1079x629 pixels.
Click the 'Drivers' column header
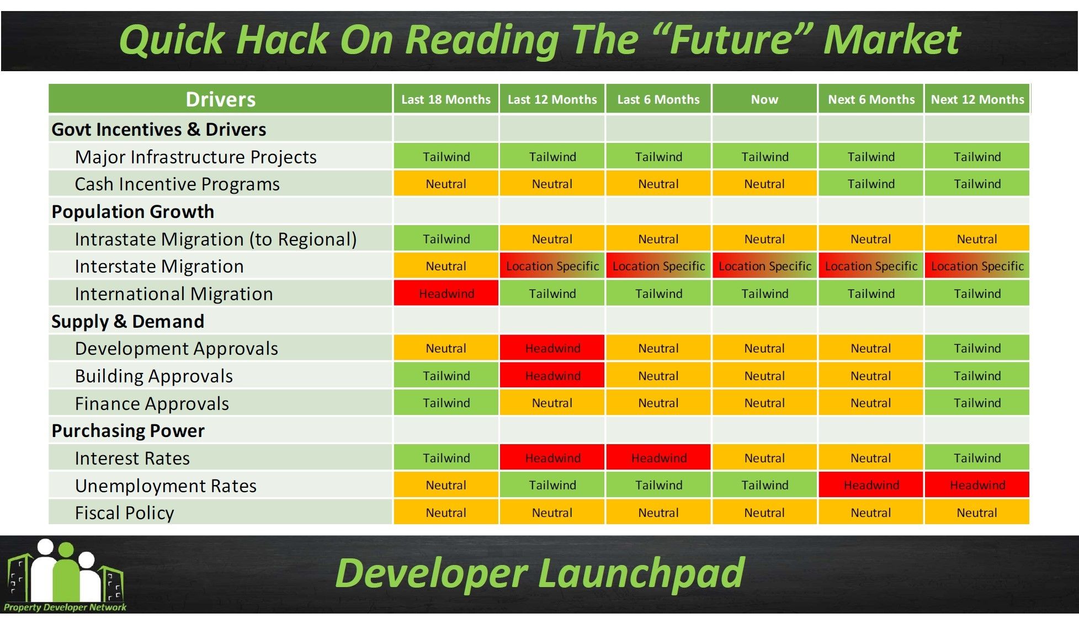tap(220, 99)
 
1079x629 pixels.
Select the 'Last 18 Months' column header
tap(446, 99)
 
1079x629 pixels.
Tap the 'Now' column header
tap(764, 99)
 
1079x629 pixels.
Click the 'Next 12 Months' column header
tap(977, 99)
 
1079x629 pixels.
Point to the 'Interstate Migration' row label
tap(159, 266)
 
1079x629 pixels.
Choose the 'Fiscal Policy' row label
tap(124, 513)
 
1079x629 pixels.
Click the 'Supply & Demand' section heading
tap(127, 321)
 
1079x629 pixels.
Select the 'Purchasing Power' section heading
tap(128, 430)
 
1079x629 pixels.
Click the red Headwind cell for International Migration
tap(446, 294)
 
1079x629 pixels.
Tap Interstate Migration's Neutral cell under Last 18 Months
tap(446, 266)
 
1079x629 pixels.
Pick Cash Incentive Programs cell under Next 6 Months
tap(871, 184)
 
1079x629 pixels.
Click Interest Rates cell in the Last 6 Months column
tap(658, 458)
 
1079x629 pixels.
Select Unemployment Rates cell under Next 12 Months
tap(977, 485)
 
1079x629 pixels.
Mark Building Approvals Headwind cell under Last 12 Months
tap(552, 376)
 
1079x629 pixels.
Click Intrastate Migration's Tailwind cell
tap(446, 239)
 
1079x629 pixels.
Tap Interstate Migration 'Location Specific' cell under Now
tap(764, 266)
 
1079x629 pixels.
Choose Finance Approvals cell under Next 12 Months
tap(977, 403)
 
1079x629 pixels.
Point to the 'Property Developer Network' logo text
tap(65, 607)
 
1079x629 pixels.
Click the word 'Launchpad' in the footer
tap(641, 574)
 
